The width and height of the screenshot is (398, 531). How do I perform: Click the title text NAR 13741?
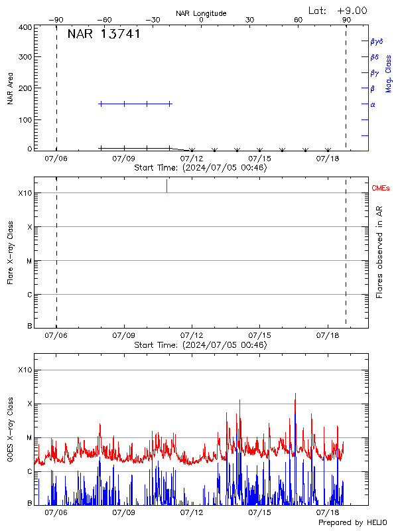point(103,35)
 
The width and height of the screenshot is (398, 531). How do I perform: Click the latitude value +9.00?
point(352,11)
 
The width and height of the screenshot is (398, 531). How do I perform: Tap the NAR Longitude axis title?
point(201,13)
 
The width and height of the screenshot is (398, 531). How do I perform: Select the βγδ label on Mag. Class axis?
point(376,41)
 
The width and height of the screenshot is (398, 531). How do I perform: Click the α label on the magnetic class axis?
point(373,104)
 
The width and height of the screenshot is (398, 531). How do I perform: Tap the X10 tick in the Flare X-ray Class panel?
point(25,193)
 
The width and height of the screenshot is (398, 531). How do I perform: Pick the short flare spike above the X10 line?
point(166,186)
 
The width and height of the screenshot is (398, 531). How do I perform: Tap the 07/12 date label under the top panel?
point(192,159)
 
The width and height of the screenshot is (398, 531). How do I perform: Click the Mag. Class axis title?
point(389,73)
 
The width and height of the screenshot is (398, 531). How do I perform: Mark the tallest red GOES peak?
point(295,394)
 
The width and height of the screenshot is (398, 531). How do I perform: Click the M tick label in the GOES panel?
point(29,437)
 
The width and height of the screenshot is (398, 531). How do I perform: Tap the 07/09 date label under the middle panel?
point(124,336)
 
